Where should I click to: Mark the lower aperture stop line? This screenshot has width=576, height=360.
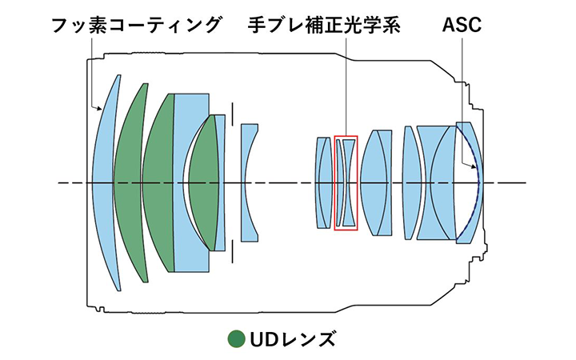pyautogui.click(x=231, y=251)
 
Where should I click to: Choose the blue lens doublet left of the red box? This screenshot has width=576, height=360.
pyautogui.click(x=323, y=182)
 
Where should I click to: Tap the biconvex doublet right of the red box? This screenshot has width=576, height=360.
pyautogui.click(x=376, y=182)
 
